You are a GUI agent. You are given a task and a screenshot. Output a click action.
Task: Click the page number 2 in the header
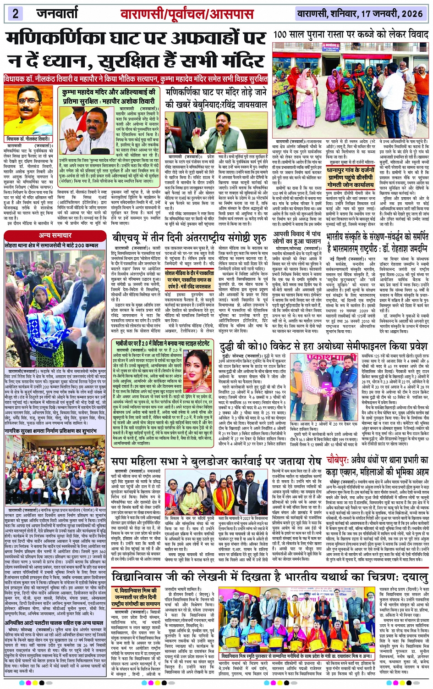pyautogui.click(x=15, y=13)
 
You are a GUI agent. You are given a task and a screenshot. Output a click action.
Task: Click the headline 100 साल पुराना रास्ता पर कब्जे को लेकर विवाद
pyautogui.click(x=351, y=34)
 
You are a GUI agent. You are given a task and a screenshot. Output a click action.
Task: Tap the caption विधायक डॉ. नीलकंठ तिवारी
pyautogui.click(x=28, y=139)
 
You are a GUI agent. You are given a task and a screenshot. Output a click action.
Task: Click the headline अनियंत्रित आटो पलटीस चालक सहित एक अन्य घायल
pyautogui.click(x=55, y=622)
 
